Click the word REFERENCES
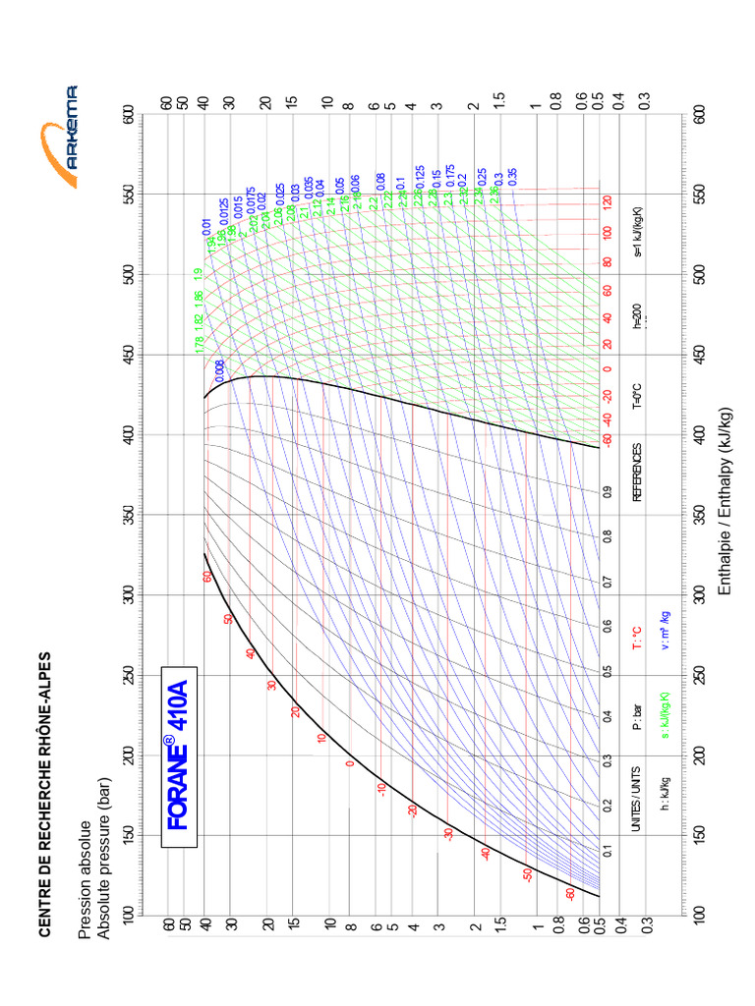(x=637, y=473)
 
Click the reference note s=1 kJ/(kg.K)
(x=637, y=235)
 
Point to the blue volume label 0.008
(x=218, y=370)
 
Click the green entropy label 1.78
(x=199, y=344)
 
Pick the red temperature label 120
(x=607, y=205)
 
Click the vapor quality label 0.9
(x=607, y=491)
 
